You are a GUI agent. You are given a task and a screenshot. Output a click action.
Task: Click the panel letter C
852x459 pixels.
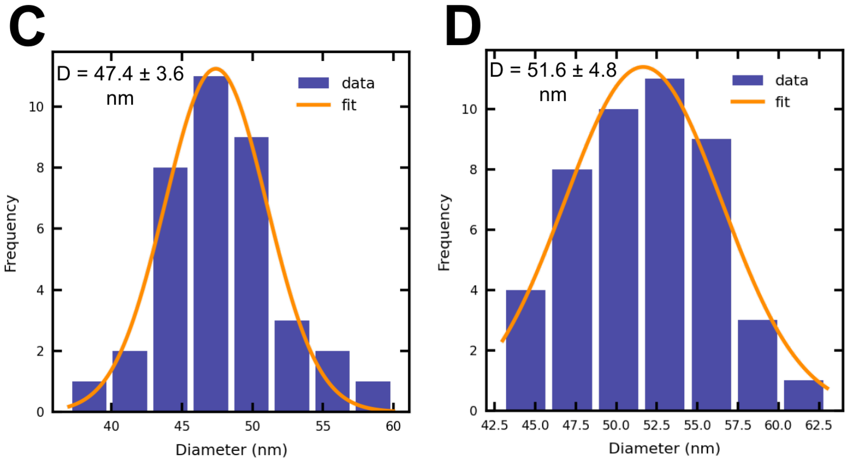click(x=27, y=26)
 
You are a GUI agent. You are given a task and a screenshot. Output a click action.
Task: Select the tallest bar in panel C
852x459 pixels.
click(x=211, y=244)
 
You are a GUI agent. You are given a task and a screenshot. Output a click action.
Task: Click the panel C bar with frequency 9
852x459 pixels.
click(x=251, y=274)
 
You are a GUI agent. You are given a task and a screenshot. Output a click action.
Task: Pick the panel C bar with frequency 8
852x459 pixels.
click(x=170, y=289)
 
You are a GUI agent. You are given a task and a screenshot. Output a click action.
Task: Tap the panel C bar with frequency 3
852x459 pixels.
click(x=292, y=366)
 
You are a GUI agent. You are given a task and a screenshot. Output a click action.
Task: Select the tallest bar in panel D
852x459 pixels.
click(x=665, y=245)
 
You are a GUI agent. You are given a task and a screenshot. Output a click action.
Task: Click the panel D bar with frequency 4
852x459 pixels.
click(x=526, y=351)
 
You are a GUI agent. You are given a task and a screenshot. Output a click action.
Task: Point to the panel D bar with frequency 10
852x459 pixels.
click(x=618, y=260)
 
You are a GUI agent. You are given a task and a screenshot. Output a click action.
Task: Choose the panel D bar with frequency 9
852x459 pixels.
click(x=711, y=275)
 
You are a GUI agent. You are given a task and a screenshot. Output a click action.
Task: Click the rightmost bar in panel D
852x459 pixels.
click(x=804, y=395)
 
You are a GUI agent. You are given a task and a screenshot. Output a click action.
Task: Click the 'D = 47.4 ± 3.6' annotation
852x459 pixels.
click(x=120, y=73)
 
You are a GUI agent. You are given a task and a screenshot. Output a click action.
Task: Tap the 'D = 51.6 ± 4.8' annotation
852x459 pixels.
click(x=553, y=70)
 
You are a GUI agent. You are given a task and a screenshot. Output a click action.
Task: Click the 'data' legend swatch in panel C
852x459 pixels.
click(x=314, y=83)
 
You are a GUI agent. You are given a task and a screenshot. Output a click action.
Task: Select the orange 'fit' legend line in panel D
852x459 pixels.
click(x=747, y=102)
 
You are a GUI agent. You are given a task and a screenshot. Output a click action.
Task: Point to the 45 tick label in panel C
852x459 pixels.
click(x=182, y=426)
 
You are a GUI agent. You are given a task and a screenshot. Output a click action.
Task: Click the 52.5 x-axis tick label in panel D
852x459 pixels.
click(x=656, y=425)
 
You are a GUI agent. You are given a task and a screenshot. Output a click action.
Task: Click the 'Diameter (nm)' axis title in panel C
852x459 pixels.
click(x=231, y=450)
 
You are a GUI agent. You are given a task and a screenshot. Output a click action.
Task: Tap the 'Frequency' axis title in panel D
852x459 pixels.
click(x=444, y=232)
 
